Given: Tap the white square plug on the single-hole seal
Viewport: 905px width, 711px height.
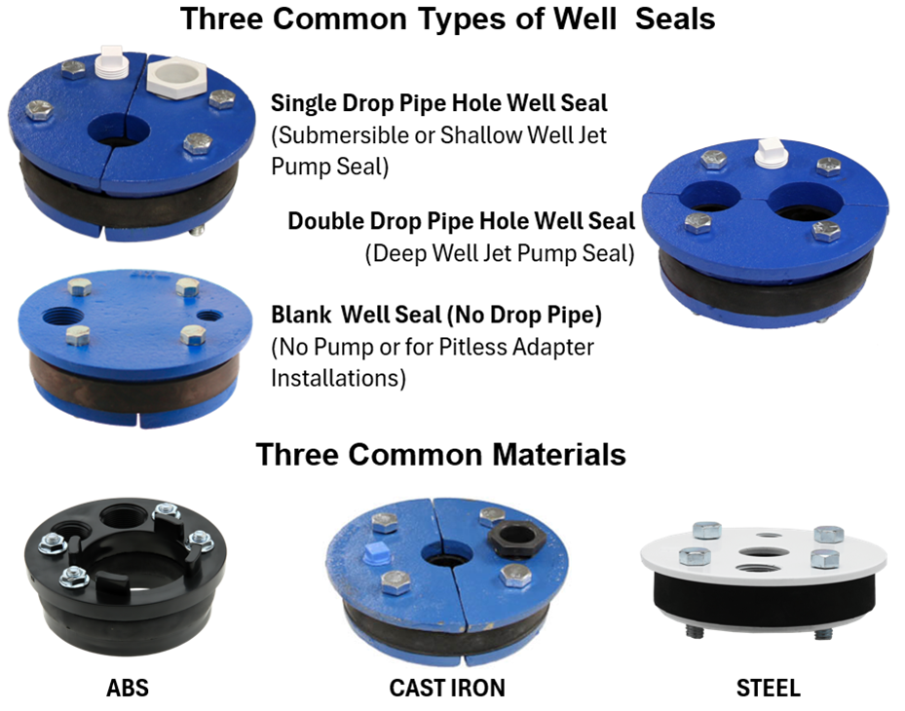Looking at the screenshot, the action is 111,61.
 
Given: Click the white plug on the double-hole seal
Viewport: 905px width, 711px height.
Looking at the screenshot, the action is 772,153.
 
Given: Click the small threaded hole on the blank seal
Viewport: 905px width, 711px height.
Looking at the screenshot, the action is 208,316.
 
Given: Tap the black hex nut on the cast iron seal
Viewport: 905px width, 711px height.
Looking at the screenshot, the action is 516,538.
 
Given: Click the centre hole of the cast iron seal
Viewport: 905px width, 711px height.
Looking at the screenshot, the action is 446,555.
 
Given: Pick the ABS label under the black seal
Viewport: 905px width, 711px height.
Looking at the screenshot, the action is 128,688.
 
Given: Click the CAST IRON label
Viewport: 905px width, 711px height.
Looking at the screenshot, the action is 447,688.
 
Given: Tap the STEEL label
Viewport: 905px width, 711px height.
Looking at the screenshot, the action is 769,688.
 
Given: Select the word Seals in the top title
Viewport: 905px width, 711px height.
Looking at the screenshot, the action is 675,19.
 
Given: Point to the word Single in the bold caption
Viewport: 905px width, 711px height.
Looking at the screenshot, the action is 304,103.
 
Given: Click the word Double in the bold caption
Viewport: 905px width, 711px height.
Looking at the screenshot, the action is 325,221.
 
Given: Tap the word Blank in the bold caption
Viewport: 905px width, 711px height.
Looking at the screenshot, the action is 301,316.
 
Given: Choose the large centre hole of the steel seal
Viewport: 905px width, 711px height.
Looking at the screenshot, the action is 761,551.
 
